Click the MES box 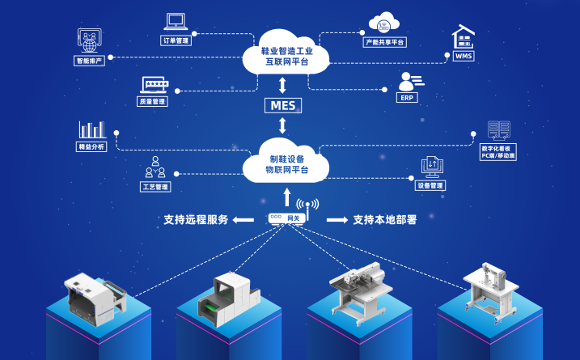(283, 105)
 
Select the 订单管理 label (176, 40)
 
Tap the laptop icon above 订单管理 (176, 21)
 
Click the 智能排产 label (89, 61)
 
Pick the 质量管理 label (151, 101)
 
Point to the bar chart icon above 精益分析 (91, 129)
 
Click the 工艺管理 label (155, 187)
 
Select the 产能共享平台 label (385, 41)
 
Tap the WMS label (464, 56)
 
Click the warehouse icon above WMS (464, 37)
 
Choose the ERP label (407, 97)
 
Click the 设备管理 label (430, 185)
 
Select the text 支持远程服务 (196, 219)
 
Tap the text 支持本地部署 (384, 219)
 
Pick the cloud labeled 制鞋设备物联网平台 (286, 163)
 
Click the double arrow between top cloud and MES (282, 85)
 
